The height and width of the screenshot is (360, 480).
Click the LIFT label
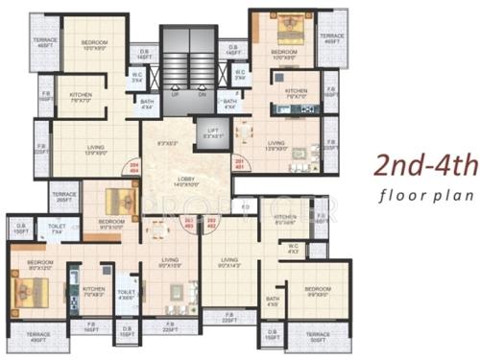[x=212, y=132]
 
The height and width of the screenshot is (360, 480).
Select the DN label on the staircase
[x=202, y=94]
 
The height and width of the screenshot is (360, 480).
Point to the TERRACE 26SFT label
[x=63, y=196]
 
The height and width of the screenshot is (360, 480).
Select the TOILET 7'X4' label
[x=57, y=229]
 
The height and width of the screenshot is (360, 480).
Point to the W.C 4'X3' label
[x=294, y=252]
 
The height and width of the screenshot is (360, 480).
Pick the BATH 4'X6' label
[x=273, y=302]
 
